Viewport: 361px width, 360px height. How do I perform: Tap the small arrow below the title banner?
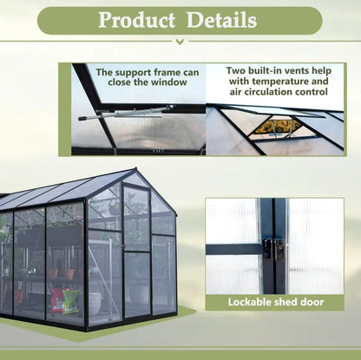pos(180,40)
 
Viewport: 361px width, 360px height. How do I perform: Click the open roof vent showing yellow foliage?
pos(277,127)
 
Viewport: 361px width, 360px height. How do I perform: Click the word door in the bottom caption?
pos(312,303)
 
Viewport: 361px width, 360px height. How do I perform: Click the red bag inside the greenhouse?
pos(58,300)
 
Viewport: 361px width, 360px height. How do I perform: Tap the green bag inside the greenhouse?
pos(70,301)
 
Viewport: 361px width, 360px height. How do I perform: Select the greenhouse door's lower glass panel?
pos(136,283)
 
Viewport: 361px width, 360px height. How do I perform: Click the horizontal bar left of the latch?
pos(235,249)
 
